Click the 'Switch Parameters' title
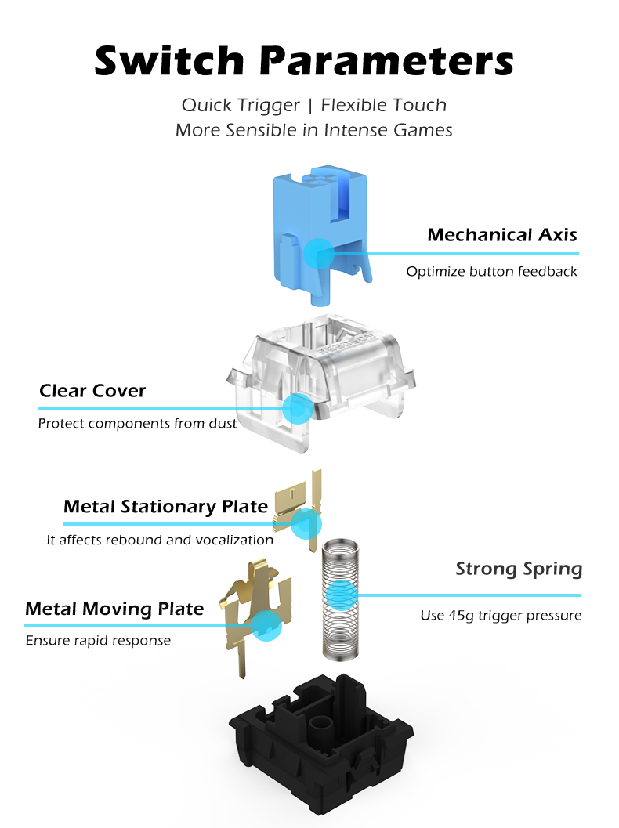[x=304, y=60]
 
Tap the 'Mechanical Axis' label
[x=501, y=234]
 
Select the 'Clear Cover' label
[x=92, y=391]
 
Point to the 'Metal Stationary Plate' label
[x=165, y=506]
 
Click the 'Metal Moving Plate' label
[x=114, y=609]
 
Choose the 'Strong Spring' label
[x=519, y=569]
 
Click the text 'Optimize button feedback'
[x=492, y=271]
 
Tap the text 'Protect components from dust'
[x=137, y=424]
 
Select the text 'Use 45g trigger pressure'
[x=501, y=615]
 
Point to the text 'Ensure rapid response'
[x=98, y=641]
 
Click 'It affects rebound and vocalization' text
[x=160, y=540]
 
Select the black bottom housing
[x=321, y=739]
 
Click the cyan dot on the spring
[x=341, y=595]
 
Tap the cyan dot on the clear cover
[x=298, y=408]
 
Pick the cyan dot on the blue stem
[x=318, y=253]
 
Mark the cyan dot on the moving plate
[x=266, y=626]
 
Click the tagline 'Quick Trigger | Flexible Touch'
[x=314, y=105]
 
